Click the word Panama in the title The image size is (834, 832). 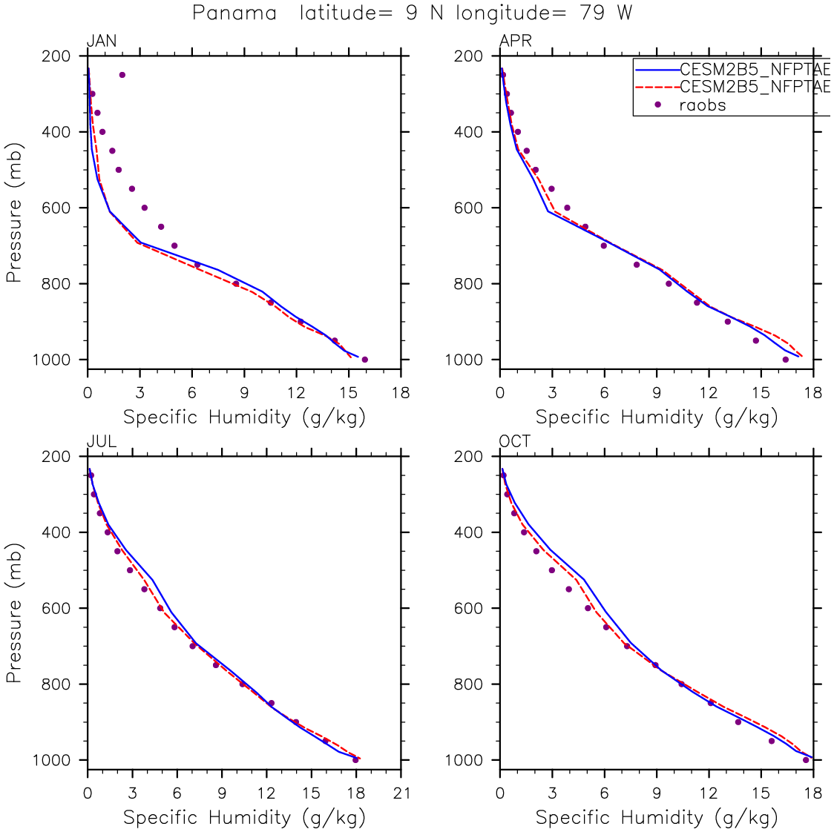click(x=234, y=13)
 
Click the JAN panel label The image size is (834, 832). click(x=102, y=42)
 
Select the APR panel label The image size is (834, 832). click(x=515, y=42)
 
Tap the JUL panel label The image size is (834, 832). click(x=102, y=442)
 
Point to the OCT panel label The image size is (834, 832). click(x=515, y=442)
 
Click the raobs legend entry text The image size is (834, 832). click(x=703, y=105)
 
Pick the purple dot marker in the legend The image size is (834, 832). click(x=657, y=105)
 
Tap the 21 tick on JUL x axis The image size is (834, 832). click(x=401, y=793)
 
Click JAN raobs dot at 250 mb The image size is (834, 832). click(x=122, y=75)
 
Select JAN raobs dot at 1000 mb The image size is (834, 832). click(x=364, y=360)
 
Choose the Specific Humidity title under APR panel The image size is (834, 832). click(x=656, y=417)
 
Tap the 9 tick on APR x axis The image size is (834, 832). click(x=657, y=393)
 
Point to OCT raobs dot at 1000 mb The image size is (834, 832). click(x=806, y=759)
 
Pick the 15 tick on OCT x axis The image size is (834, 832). click(x=761, y=793)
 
